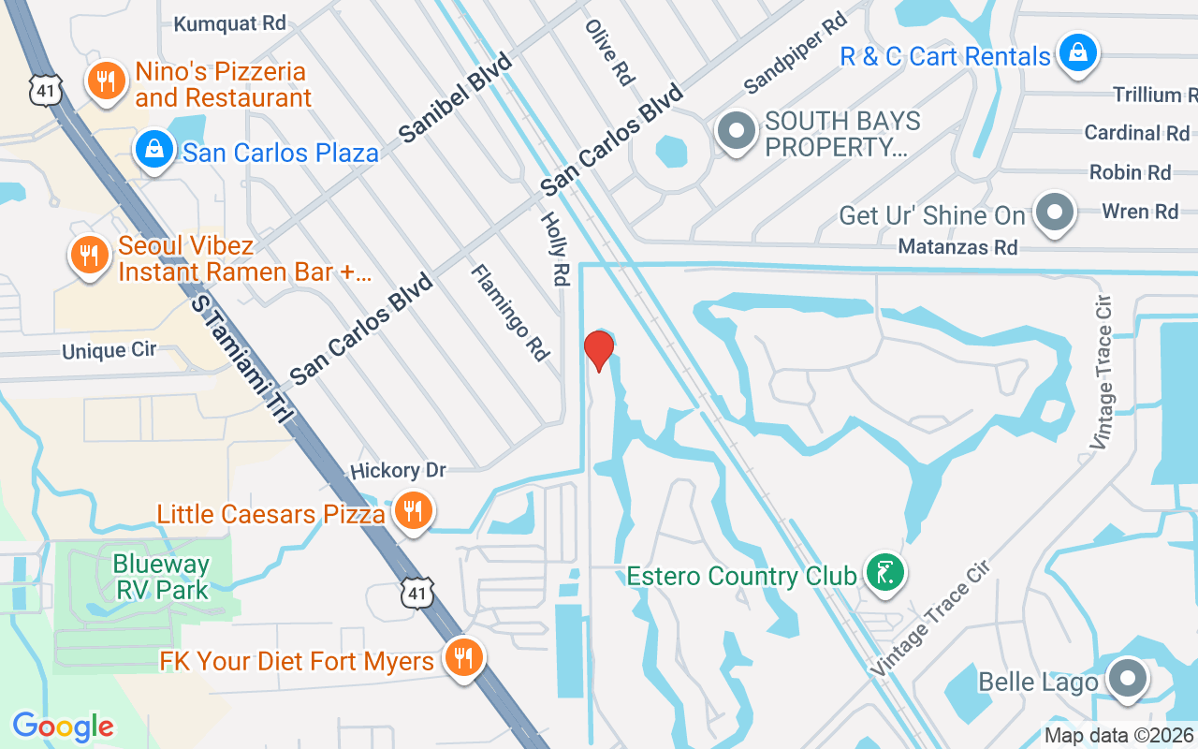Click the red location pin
598,350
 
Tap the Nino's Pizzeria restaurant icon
107,81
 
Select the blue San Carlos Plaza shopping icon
151,150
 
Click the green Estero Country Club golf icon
884,572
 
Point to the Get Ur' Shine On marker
1055,212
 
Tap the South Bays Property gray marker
736,131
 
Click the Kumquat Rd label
229,23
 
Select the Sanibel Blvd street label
457,97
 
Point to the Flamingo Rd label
509,312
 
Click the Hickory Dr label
398,469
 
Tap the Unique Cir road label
109,351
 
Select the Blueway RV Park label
161,577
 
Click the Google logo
63,727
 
